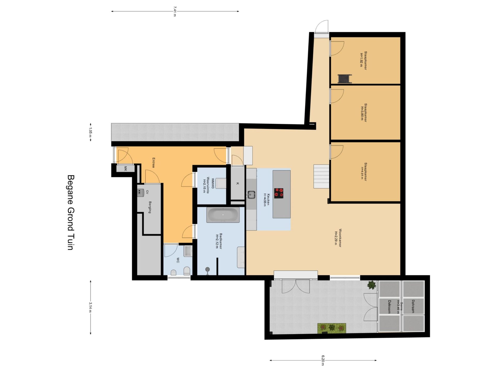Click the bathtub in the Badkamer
pyautogui.click(x=223, y=215)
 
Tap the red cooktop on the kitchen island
pyautogui.click(x=279, y=193)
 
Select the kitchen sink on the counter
pyautogui.click(x=251, y=195)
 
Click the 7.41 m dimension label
pyautogui.click(x=175, y=11)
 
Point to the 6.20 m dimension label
pyautogui.click(x=323, y=360)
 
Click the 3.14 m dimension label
pyautogui.click(x=90, y=307)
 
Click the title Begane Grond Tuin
pyautogui.click(x=71, y=212)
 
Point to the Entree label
pyautogui.click(x=153, y=163)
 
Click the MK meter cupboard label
pyautogui.click(x=126, y=169)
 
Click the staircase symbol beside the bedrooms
pyautogui.click(x=321, y=176)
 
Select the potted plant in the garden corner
pyautogui.click(x=372, y=285)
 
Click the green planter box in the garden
pyautogui.click(x=332, y=328)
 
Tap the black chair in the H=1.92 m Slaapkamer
pyautogui.click(x=345, y=79)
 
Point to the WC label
pyautogui.click(x=178, y=260)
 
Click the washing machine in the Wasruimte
pyautogui.click(x=221, y=183)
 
